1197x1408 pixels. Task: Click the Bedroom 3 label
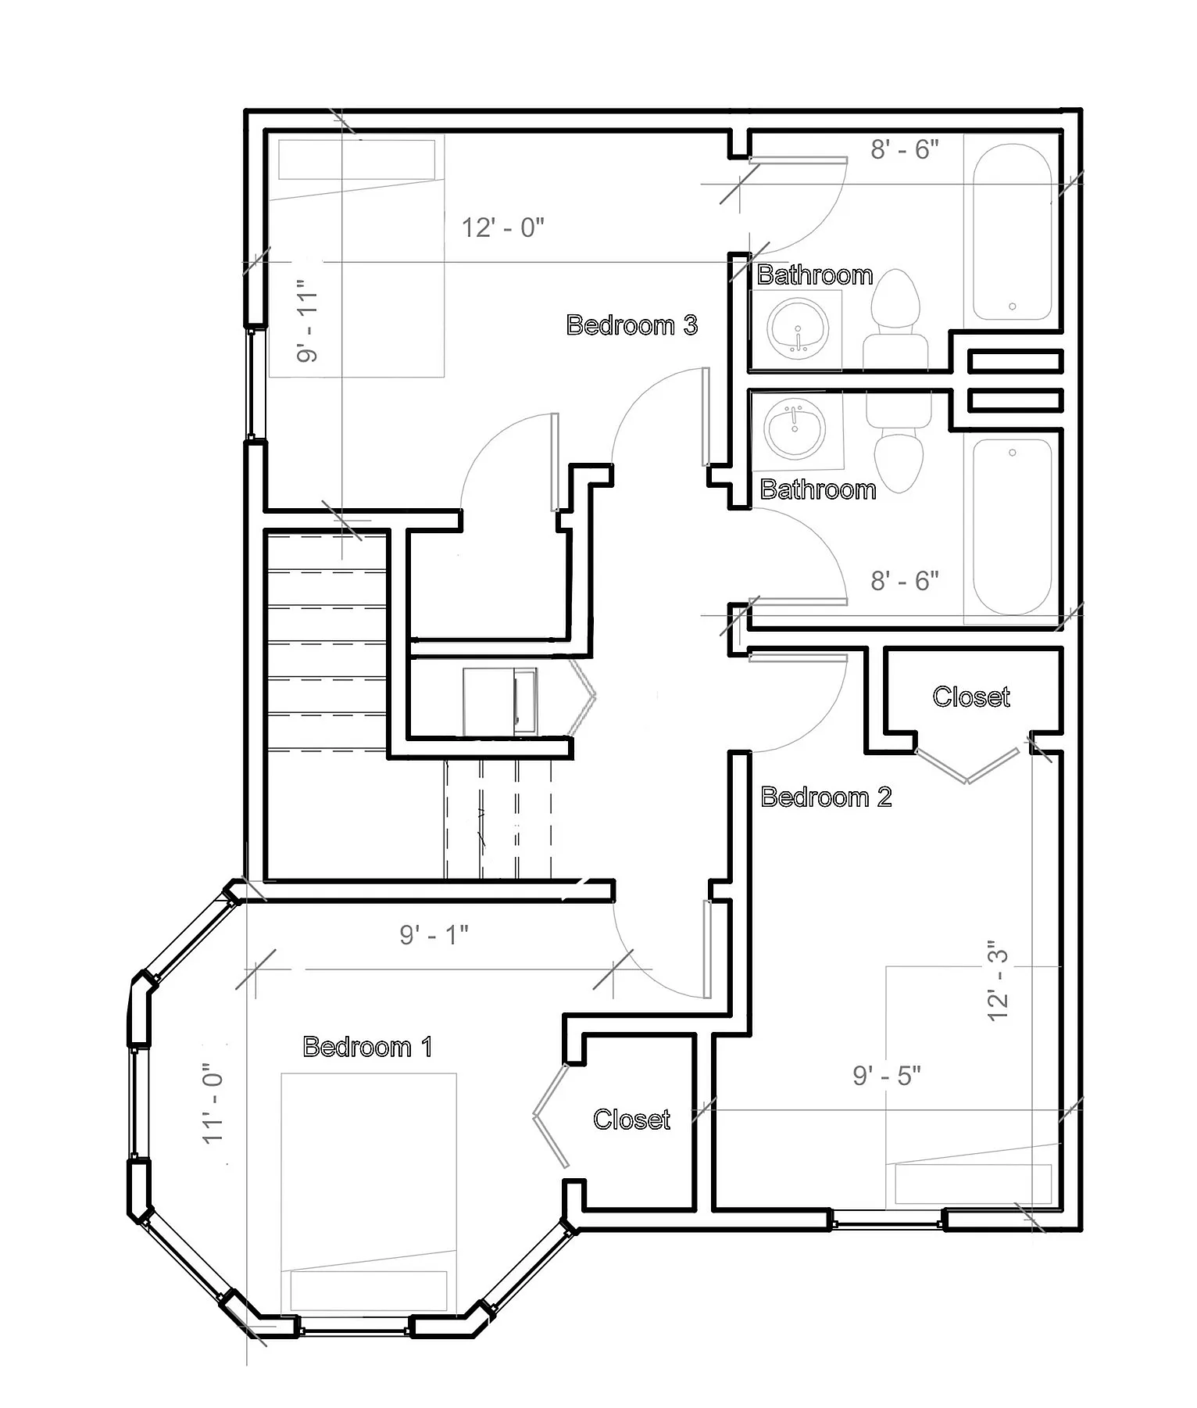(631, 324)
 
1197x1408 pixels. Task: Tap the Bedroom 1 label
(367, 1046)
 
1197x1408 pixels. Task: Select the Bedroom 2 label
(826, 797)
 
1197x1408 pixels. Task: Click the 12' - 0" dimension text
(502, 228)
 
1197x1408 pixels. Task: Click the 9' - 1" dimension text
(434, 934)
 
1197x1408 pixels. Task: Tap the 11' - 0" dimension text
(213, 1102)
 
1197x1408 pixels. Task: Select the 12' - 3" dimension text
(999, 980)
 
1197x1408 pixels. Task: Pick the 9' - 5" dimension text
(887, 1076)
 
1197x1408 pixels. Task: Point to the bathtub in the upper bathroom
(1013, 231)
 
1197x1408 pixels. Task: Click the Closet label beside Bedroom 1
(631, 1120)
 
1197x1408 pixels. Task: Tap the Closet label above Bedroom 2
(971, 697)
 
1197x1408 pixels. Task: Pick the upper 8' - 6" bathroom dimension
(905, 149)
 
